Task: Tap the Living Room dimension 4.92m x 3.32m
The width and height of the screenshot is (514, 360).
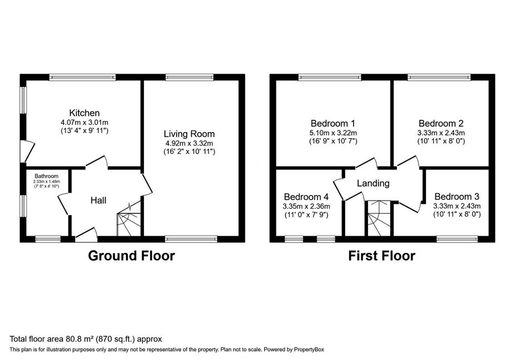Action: pyautogui.click(x=189, y=143)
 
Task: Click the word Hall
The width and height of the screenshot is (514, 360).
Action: pyautogui.click(x=98, y=200)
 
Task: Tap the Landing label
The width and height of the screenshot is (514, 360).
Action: pyautogui.click(x=373, y=183)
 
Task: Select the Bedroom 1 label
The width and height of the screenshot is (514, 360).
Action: pyautogui.click(x=332, y=123)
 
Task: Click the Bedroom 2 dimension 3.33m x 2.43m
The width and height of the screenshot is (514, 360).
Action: pyautogui.click(x=442, y=133)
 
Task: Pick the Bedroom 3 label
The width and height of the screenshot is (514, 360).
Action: pyautogui.click(x=457, y=196)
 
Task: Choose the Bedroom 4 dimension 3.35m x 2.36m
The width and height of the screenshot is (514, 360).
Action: pyautogui.click(x=306, y=206)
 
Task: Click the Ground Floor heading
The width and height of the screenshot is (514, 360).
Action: pyautogui.click(x=132, y=256)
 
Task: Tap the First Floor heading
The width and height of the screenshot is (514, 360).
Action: pyautogui.click(x=381, y=256)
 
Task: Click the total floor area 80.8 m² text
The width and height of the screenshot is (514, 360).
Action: pyautogui.click(x=86, y=338)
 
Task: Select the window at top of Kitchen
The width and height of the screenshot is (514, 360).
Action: pyautogui.click(x=82, y=77)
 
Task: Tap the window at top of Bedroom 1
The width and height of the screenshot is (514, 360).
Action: pyautogui.click(x=329, y=77)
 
